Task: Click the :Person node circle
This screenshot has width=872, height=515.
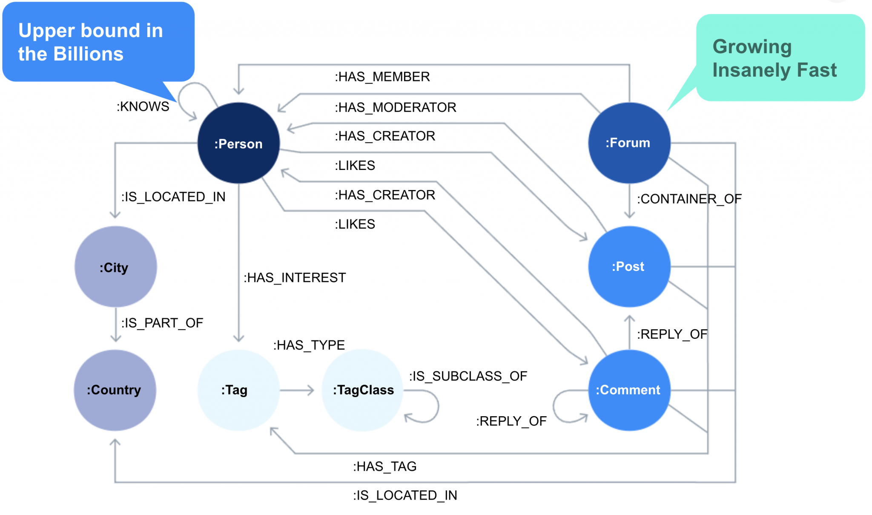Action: coord(238,143)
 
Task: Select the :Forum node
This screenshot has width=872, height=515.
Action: coord(629,143)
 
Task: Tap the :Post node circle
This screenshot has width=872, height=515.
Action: coord(629,267)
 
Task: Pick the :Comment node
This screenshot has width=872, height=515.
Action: coord(629,390)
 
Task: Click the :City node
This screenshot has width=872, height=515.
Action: coord(115,267)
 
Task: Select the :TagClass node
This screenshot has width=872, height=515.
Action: coord(362,390)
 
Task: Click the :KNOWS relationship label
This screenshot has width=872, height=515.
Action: coord(143,106)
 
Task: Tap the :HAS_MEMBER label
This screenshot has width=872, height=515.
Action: coord(382,77)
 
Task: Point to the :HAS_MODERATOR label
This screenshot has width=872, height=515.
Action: coord(395,107)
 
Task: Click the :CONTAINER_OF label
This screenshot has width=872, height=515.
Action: coord(689,199)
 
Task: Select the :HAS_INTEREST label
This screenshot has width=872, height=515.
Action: coord(295,278)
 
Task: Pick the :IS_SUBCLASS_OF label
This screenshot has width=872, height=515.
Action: coord(468,376)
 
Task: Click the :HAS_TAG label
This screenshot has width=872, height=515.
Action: coord(384,466)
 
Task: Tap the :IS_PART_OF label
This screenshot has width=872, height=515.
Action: coord(162,323)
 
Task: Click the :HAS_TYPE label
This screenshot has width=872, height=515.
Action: coord(309,345)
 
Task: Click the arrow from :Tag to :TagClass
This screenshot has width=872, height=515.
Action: coord(297,390)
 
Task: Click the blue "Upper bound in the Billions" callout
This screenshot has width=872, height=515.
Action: coord(98,42)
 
